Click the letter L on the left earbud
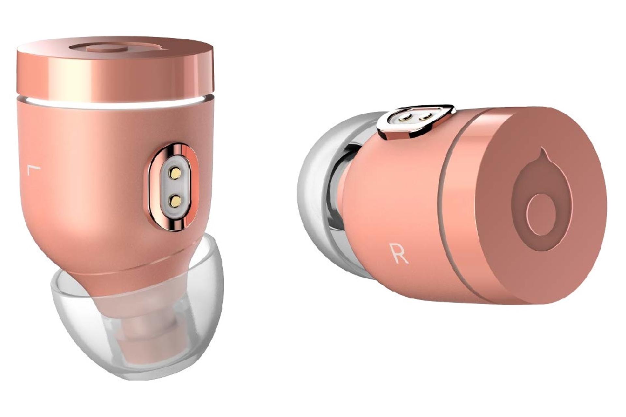coord(33,170)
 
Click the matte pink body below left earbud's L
coord(65,212)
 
